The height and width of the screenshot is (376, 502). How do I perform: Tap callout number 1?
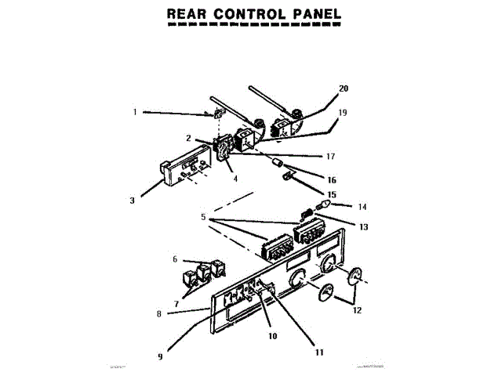coord(135,111)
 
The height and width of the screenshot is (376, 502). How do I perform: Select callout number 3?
coord(133,200)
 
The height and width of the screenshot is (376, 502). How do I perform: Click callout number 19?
coord(342,112)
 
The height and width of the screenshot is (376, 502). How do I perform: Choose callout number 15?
coord(331,194)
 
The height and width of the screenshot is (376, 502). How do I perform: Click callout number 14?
coord(362,208)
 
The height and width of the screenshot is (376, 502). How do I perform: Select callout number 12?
coord(357,310)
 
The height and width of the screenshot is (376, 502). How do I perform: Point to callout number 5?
coord(203,217)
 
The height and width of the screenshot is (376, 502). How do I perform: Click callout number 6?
coord(175,258)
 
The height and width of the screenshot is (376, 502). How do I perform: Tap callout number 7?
coord(176,303)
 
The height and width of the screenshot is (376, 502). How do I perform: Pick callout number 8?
coord(159,314)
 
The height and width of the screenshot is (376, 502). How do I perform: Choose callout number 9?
coord(160,356)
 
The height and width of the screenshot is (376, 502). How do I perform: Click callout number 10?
coord(274,336)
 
